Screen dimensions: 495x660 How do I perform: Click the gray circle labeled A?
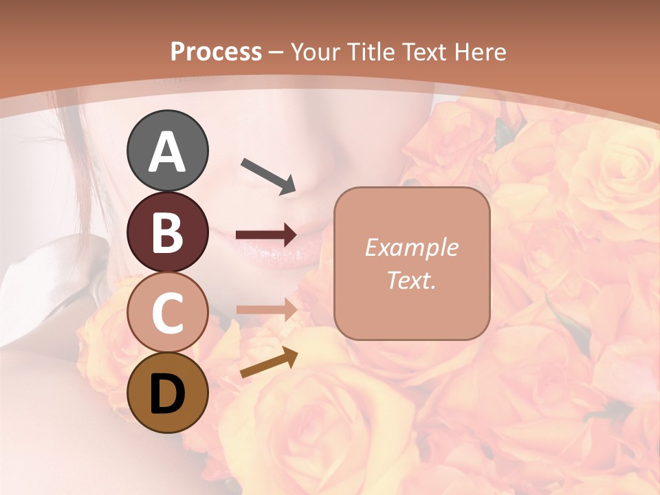click(x=168, y=151)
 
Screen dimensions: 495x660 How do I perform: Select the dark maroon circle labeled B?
click(x=168, y=232)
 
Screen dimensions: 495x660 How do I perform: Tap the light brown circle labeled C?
click(x=168, y=313)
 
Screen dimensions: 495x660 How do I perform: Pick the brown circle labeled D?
click(x=168, y=393)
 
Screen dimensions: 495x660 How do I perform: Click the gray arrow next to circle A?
click(x=268, y=175)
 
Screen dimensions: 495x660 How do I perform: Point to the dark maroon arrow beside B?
click(x=266, y=235)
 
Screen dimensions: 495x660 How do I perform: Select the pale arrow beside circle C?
click(x=266, y=309)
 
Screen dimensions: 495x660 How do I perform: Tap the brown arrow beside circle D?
click(x=269, y=363)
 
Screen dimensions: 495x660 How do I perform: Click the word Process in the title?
click(x=216, y=52)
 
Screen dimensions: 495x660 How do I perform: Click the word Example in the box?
click(x=411, y=248)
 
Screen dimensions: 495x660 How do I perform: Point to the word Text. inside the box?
click(x=411, y=280)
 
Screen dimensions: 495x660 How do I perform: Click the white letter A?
click(x=168, y=152)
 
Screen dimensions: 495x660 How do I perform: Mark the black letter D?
click(x=168, y=394)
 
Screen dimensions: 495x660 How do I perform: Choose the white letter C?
click(x=168, y=313)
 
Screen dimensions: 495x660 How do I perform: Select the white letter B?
click(x=168, y=233)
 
